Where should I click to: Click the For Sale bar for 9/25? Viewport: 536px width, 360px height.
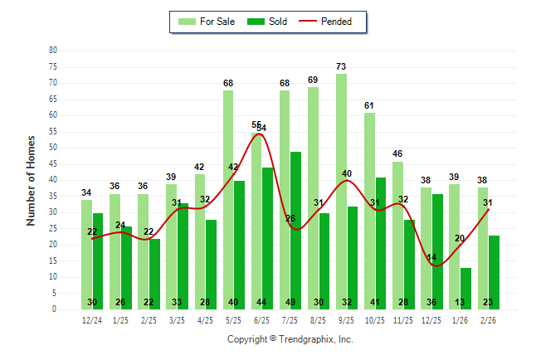coord(341,191)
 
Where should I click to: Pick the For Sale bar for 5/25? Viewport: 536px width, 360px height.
coord(228,199)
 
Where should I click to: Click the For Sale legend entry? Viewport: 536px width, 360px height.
coord(207,22)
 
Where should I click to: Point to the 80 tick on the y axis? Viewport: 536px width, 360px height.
coord(53,51)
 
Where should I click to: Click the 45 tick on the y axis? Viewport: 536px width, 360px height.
coord(53,163)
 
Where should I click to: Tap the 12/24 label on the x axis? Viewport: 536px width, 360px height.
coord(92,320)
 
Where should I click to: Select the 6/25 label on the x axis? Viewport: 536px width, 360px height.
coord(261,320)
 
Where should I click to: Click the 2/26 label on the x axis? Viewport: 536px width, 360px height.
coord(488,320)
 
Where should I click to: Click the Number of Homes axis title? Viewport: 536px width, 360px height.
coord(32,180)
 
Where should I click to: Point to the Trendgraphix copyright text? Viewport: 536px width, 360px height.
coord(290,339)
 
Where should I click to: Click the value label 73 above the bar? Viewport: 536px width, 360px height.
coord(341,66)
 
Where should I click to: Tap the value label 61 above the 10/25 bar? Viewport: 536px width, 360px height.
coord(369,105)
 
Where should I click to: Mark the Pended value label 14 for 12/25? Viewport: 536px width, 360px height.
coord(431,258)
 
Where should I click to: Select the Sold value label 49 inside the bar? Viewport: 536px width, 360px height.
coord(296,302)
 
